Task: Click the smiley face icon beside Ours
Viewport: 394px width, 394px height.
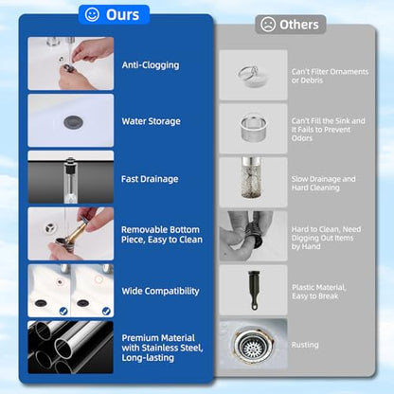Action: [x=92, y=14]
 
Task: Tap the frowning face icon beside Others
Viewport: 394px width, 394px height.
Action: [x=268, y=25]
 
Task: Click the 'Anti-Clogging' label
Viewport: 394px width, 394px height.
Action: [x=151, y=65]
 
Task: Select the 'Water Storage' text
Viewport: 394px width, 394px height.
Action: [x=152, y=121]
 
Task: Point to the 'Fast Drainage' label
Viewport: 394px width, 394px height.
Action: [x=150, y=179]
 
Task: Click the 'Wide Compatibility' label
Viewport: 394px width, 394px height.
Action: [x=160, y=291]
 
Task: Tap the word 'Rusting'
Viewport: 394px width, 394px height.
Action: [x=305, y=345]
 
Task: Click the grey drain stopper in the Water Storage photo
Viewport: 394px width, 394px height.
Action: [x=73, y=122]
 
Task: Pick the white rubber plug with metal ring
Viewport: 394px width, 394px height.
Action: [x=252, y=76]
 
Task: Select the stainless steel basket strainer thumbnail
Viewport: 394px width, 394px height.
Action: [x=254, y=128]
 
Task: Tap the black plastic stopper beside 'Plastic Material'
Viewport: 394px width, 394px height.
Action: [x=254, y=290]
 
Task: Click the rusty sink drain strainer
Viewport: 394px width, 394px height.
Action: [x=252, y=346]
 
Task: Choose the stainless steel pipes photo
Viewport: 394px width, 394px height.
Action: [x=71, y=348]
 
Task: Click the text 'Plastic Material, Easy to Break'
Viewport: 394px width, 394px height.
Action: [x=319, y=292]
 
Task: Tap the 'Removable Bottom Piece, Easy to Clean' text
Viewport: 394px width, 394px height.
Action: [x=162, y=235]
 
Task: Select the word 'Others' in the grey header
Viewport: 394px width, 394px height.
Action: [x=299, y=25]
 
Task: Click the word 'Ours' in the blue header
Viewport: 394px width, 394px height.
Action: [x=122, y=15]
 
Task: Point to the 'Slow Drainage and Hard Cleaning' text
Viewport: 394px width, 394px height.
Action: [x=323, y=184]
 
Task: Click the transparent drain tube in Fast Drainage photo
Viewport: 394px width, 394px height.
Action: [x=70, y=179]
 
